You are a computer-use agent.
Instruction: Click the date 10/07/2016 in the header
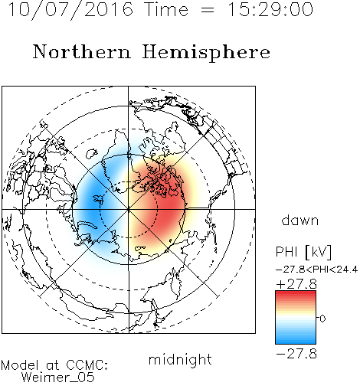[70, 9]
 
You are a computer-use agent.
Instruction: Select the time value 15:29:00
[270, 9]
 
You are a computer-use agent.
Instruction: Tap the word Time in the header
[166, 9]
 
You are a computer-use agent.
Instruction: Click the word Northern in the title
[82, 52]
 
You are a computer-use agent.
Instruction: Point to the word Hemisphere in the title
[206, 53]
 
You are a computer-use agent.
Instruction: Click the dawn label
[300, 220]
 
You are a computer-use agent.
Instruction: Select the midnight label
[180, 359]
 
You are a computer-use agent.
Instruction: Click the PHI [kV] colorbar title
[304, 252]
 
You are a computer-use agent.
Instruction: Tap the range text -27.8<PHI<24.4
[316, 270]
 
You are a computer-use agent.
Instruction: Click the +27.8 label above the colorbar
[296, 284]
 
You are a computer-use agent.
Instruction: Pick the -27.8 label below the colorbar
[296, 354]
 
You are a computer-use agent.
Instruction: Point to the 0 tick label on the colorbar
[322, 319]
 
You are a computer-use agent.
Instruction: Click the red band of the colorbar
[296, 296]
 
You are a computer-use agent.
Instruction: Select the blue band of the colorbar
[296, 337]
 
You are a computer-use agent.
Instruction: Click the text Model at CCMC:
[54, 365]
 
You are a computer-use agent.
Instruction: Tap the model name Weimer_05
[58, 378]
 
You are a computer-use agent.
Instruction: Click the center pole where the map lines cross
[129, 209]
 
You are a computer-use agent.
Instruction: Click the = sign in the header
[208, 10]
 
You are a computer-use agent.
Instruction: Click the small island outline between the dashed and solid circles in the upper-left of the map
[91, 153]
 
